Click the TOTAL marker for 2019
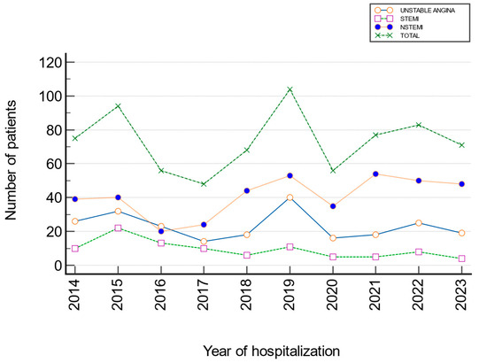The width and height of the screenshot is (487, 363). [290, 89]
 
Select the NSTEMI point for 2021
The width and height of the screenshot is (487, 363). [375, 174]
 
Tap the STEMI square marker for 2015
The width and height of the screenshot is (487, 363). [118, 228]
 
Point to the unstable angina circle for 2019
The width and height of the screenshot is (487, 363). [290, 197]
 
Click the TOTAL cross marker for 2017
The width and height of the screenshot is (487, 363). [204, 184]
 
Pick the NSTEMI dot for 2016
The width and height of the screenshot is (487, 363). [161, 231]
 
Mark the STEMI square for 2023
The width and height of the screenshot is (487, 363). [462, 259]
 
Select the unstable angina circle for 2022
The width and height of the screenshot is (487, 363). [419, 223]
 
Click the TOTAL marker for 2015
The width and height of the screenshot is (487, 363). [118, 106]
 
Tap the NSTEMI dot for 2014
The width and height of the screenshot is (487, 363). [75, 199]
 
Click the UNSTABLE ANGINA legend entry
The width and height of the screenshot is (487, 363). [428, 11]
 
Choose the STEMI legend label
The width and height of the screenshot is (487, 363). [409, 19]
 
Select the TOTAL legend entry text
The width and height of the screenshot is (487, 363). [410, 35]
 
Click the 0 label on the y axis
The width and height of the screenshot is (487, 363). [58, 266]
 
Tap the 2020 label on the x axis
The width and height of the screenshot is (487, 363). [332, 294]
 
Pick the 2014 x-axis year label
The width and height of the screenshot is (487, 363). [74, 294]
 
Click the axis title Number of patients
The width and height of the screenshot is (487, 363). [11, 160]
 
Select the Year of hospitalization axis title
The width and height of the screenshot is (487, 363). [272, 351]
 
